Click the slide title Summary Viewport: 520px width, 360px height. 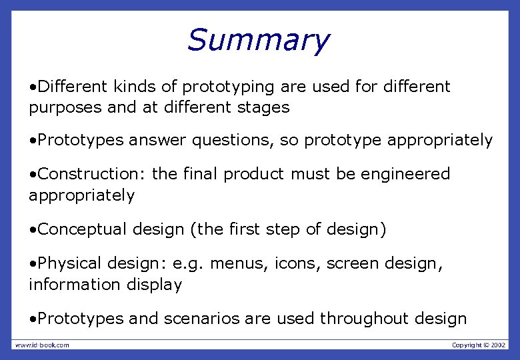coord(258,40)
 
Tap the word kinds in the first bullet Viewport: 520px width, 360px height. coord(135,87)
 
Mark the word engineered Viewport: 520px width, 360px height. coord(405,174)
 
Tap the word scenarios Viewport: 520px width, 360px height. coord(200,319)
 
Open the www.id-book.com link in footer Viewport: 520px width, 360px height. coord(42,345)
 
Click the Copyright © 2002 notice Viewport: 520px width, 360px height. coord(479,345)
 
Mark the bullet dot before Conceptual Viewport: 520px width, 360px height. coord(33,230)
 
